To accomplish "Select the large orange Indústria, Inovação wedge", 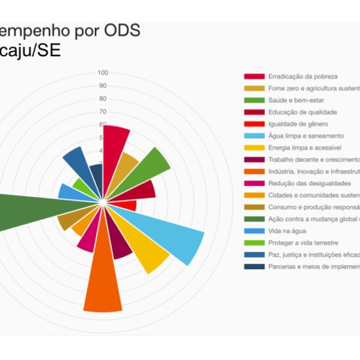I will click(x=103, y=281).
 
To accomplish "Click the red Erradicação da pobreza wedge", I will click(x=114, y=141).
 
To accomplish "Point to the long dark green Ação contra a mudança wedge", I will click(x=20, y=211).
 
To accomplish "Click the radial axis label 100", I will click(x=103, y=73).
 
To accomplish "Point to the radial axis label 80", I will click(x=103, y=99).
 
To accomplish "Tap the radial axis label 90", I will click(x=103, y=86).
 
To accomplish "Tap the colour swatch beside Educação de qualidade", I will click(x=255, y=113).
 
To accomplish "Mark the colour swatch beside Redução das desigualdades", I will click(x=255, y=184).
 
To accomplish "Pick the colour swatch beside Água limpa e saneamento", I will click(x=255, y=136).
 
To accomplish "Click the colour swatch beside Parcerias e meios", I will click(x=255, y=266).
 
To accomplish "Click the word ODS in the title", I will click(x=120, y=31).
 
